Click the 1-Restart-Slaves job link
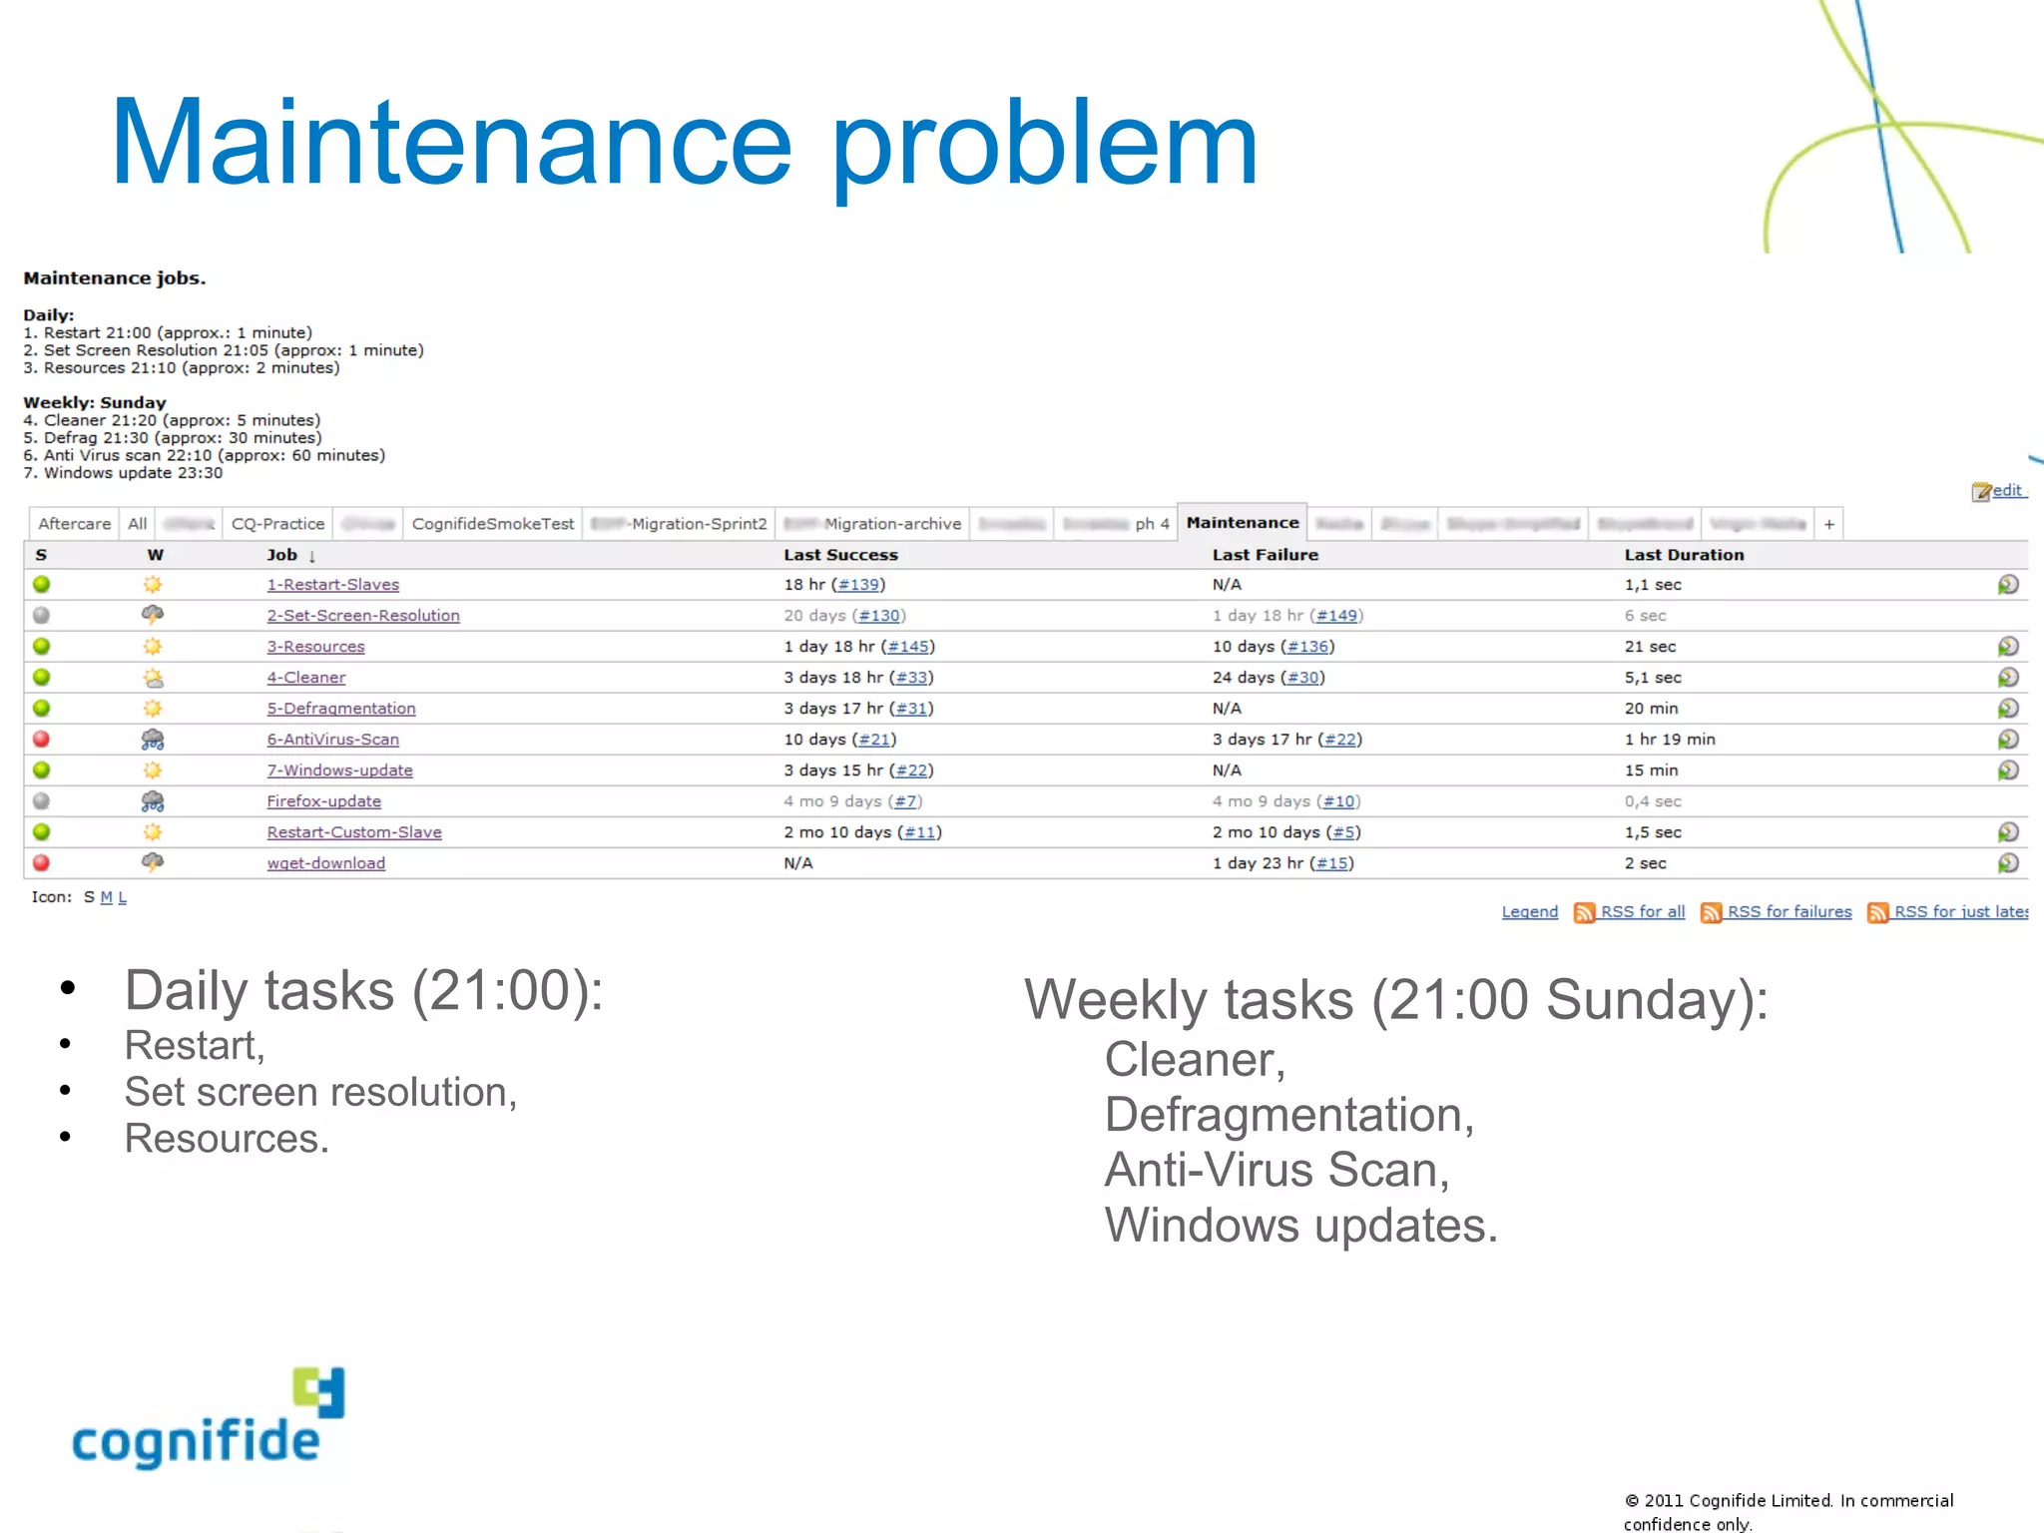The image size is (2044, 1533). coord(332,585)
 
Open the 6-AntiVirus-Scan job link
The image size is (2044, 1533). coord(332,740)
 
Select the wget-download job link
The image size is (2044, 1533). coord(325,863)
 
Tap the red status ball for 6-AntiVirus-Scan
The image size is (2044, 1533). coord(41,740)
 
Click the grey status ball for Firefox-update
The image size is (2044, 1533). coord(41,801)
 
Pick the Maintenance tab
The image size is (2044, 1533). coord(1242,523)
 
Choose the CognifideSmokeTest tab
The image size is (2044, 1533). coord(493,524)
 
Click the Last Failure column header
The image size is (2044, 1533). coord(1265,555)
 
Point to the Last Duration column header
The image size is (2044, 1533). coord(1684,555)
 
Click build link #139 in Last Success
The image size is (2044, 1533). coord(858,585)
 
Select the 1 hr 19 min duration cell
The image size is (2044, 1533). coord(1669,740)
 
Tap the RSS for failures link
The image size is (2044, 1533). coord(1788,912)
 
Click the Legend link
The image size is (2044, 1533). coord(1529,912)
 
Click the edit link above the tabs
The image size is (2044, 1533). coord(2006,491)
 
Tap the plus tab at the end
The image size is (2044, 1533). coord(1828,524)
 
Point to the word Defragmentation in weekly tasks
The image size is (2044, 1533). coord(1287,1115)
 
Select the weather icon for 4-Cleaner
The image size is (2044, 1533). coord(153,678)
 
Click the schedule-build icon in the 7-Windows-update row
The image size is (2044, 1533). coord(2008,770)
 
